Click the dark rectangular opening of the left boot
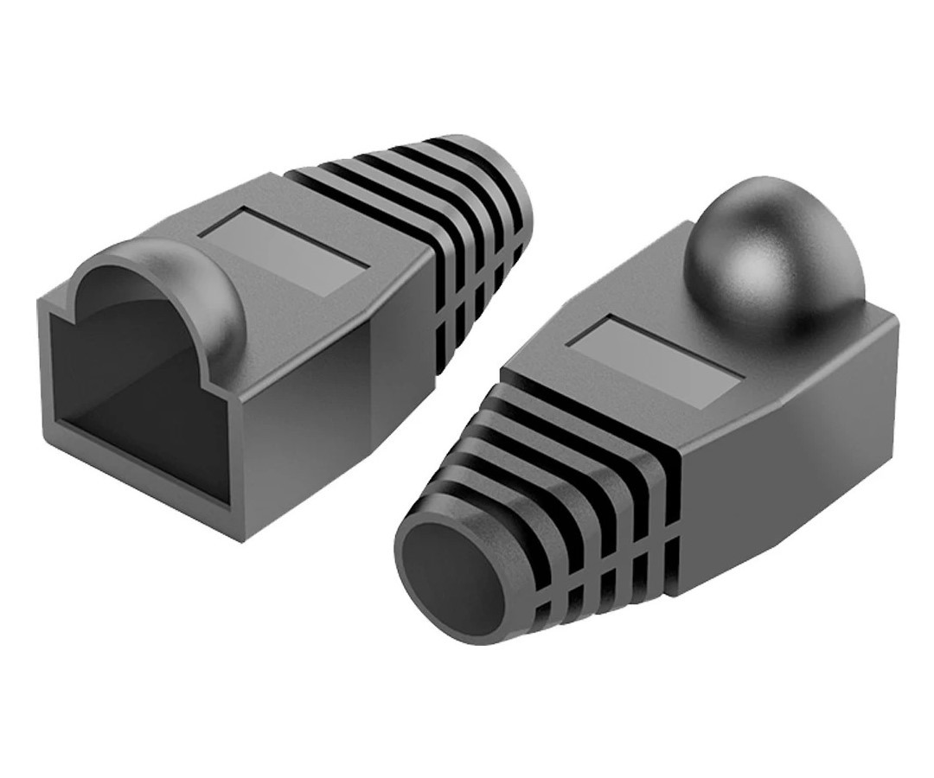tap(130, 380)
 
